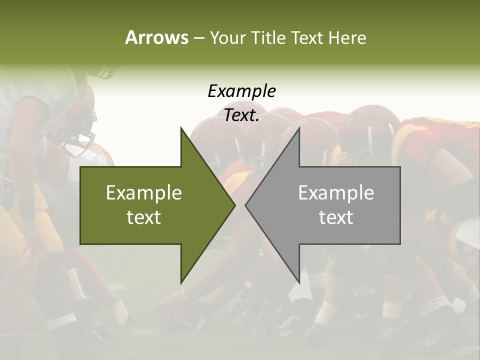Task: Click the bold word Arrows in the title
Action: click(x=156, y=37)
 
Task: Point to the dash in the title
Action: click(x=198, y=38)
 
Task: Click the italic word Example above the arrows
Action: click(x=242, y=91)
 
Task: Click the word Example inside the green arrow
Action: click(x=144, y=193)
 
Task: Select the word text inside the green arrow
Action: click(x=144, y=217)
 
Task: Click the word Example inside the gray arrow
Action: click(x=336, y=193)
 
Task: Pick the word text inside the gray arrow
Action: click(x=336, y=217)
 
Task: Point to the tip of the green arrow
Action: click(x=235, y=205)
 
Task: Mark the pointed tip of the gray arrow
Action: click(x=245, y=205)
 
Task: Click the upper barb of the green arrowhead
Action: click(x=181, y=128)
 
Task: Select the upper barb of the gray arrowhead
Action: click(x=299, y=128)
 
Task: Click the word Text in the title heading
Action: click(x=308, y=37)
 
